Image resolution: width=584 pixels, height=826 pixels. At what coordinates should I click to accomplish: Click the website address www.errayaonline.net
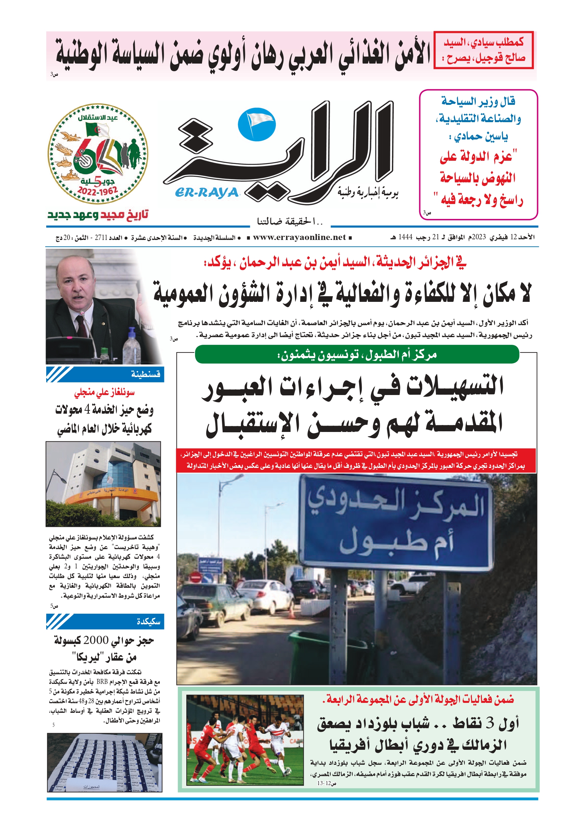tap(299, 237)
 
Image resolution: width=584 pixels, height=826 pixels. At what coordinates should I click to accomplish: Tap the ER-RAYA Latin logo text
tap(207, 192)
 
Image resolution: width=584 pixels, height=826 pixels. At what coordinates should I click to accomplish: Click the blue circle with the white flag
tap(257, 125)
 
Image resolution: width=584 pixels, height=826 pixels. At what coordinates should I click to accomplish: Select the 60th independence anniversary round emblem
tap(98, 154)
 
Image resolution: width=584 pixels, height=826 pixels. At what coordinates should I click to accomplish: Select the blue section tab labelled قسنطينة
tap(105, 374)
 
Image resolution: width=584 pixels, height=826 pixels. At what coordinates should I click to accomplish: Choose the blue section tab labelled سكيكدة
tap(105, 621)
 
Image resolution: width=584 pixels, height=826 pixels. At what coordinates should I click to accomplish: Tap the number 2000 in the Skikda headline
tap(96, 640)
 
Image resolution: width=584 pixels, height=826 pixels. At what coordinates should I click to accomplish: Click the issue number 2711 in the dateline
tap(101, 238)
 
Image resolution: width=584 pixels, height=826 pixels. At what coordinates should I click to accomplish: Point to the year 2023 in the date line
tap(479, 237)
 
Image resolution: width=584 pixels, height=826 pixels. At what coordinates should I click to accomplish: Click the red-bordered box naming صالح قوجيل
tap(484, 50)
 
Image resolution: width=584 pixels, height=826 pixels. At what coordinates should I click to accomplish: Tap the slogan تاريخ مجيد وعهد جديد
tap(98, 215)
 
